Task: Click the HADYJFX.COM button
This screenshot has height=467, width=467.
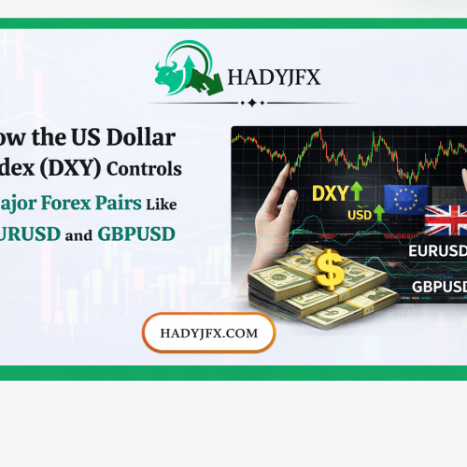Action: click(208, 332)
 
